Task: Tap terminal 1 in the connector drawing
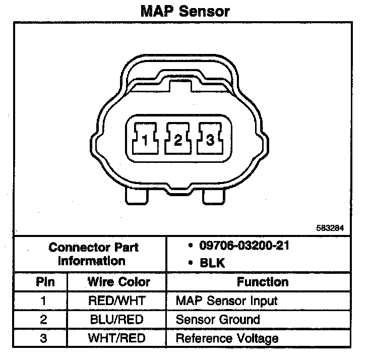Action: [145, 140]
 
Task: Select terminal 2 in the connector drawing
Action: [178, 140]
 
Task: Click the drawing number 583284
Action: [330, 227]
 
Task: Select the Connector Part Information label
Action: [94, 254]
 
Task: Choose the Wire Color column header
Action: [119, 281]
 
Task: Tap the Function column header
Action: [263, 281]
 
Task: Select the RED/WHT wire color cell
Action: [116, 301]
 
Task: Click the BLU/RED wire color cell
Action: [116, 319]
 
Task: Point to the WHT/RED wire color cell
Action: [116, 337]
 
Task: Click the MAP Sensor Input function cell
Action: [226, 301]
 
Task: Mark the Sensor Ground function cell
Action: [218, 319]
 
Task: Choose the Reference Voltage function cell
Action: [227, 337]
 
